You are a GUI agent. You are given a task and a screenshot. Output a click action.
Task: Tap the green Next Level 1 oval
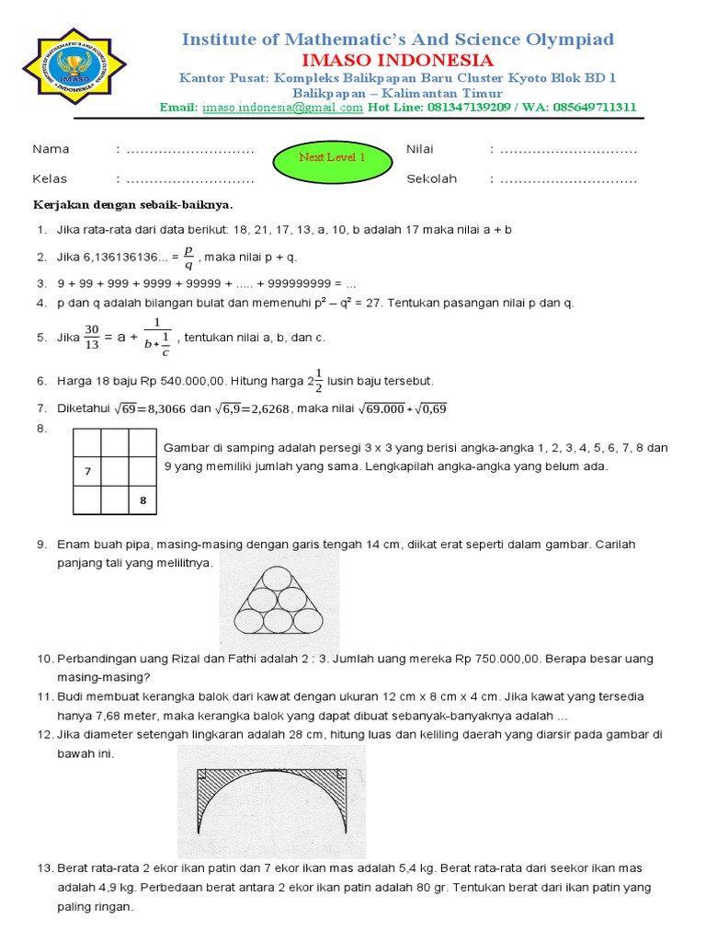[x=332, y=157]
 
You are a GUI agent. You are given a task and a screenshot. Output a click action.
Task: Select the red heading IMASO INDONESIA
[x=397, y=61]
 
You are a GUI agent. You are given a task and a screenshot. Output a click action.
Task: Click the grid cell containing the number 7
[x=87, y=471]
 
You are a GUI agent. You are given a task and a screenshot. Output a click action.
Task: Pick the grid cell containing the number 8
[x=142, y=500]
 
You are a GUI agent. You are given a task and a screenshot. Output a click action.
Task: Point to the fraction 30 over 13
[x=91, y=337]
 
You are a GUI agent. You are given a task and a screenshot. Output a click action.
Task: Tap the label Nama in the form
[x=51, y=149]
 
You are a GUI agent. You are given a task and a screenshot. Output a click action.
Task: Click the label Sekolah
[x=431, y=179]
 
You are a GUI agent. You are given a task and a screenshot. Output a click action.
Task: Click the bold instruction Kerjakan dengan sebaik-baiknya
[x=133, y=203]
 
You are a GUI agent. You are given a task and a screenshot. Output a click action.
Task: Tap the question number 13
[x=46, y=867]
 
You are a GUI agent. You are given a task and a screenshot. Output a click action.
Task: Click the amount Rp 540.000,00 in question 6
[x=173, y=380]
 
